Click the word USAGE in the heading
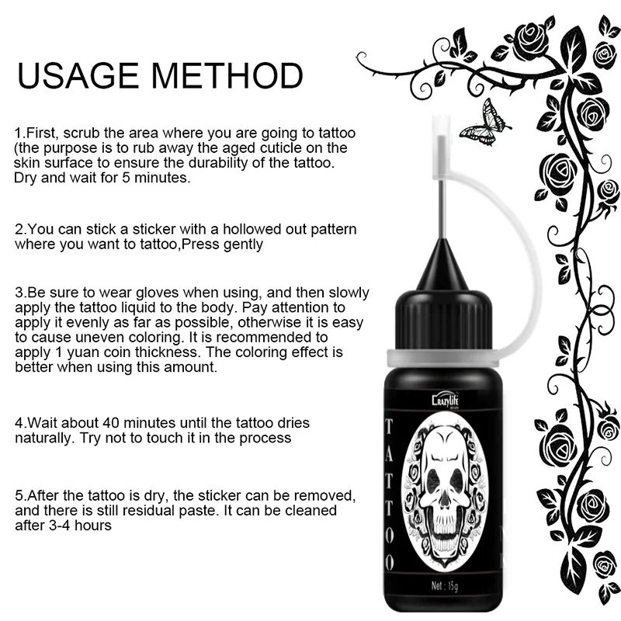[x=78, y=75]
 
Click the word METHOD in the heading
[x=227, y=75]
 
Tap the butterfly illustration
[x=484, y=123]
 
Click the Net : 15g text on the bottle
[x=444, y=585]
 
